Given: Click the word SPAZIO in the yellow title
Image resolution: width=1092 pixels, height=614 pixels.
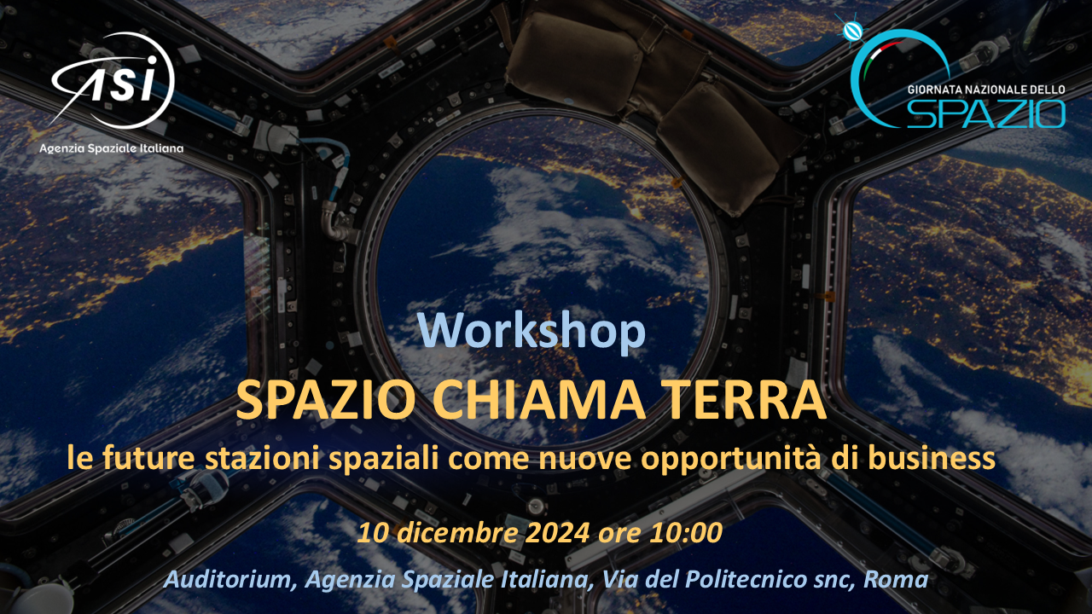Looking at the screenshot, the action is pos(325,401).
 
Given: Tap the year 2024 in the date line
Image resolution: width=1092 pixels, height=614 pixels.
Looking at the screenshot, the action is pos(557,533).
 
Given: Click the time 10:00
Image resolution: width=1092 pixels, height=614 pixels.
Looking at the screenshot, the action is pos(687,533).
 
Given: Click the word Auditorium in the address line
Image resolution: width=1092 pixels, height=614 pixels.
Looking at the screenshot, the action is pos(230,580).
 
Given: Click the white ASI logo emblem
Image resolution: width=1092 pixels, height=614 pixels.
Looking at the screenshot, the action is pos(113,80).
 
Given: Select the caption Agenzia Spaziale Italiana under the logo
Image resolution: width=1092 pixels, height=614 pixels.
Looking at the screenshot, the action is pos(112,148).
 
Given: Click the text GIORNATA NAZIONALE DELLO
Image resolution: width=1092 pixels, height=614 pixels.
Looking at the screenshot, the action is pos(986,90).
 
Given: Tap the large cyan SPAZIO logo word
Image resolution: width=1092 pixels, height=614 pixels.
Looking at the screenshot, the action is pos(986,114).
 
